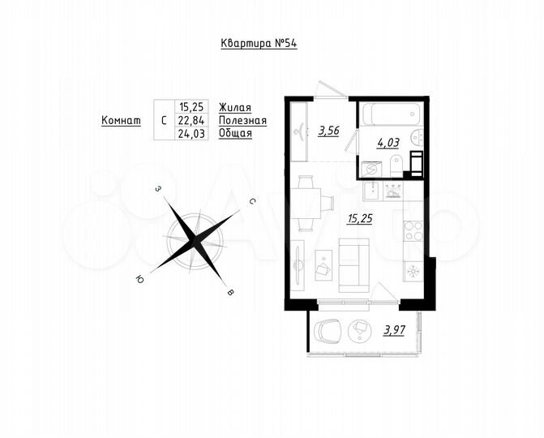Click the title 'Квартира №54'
point(259,44)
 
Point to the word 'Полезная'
point(242,120)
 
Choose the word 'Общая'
point(236,134)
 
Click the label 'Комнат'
point(118,120)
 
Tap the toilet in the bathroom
point(397,167)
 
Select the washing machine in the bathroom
point(371,169)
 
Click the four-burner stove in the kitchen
point(413,230)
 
